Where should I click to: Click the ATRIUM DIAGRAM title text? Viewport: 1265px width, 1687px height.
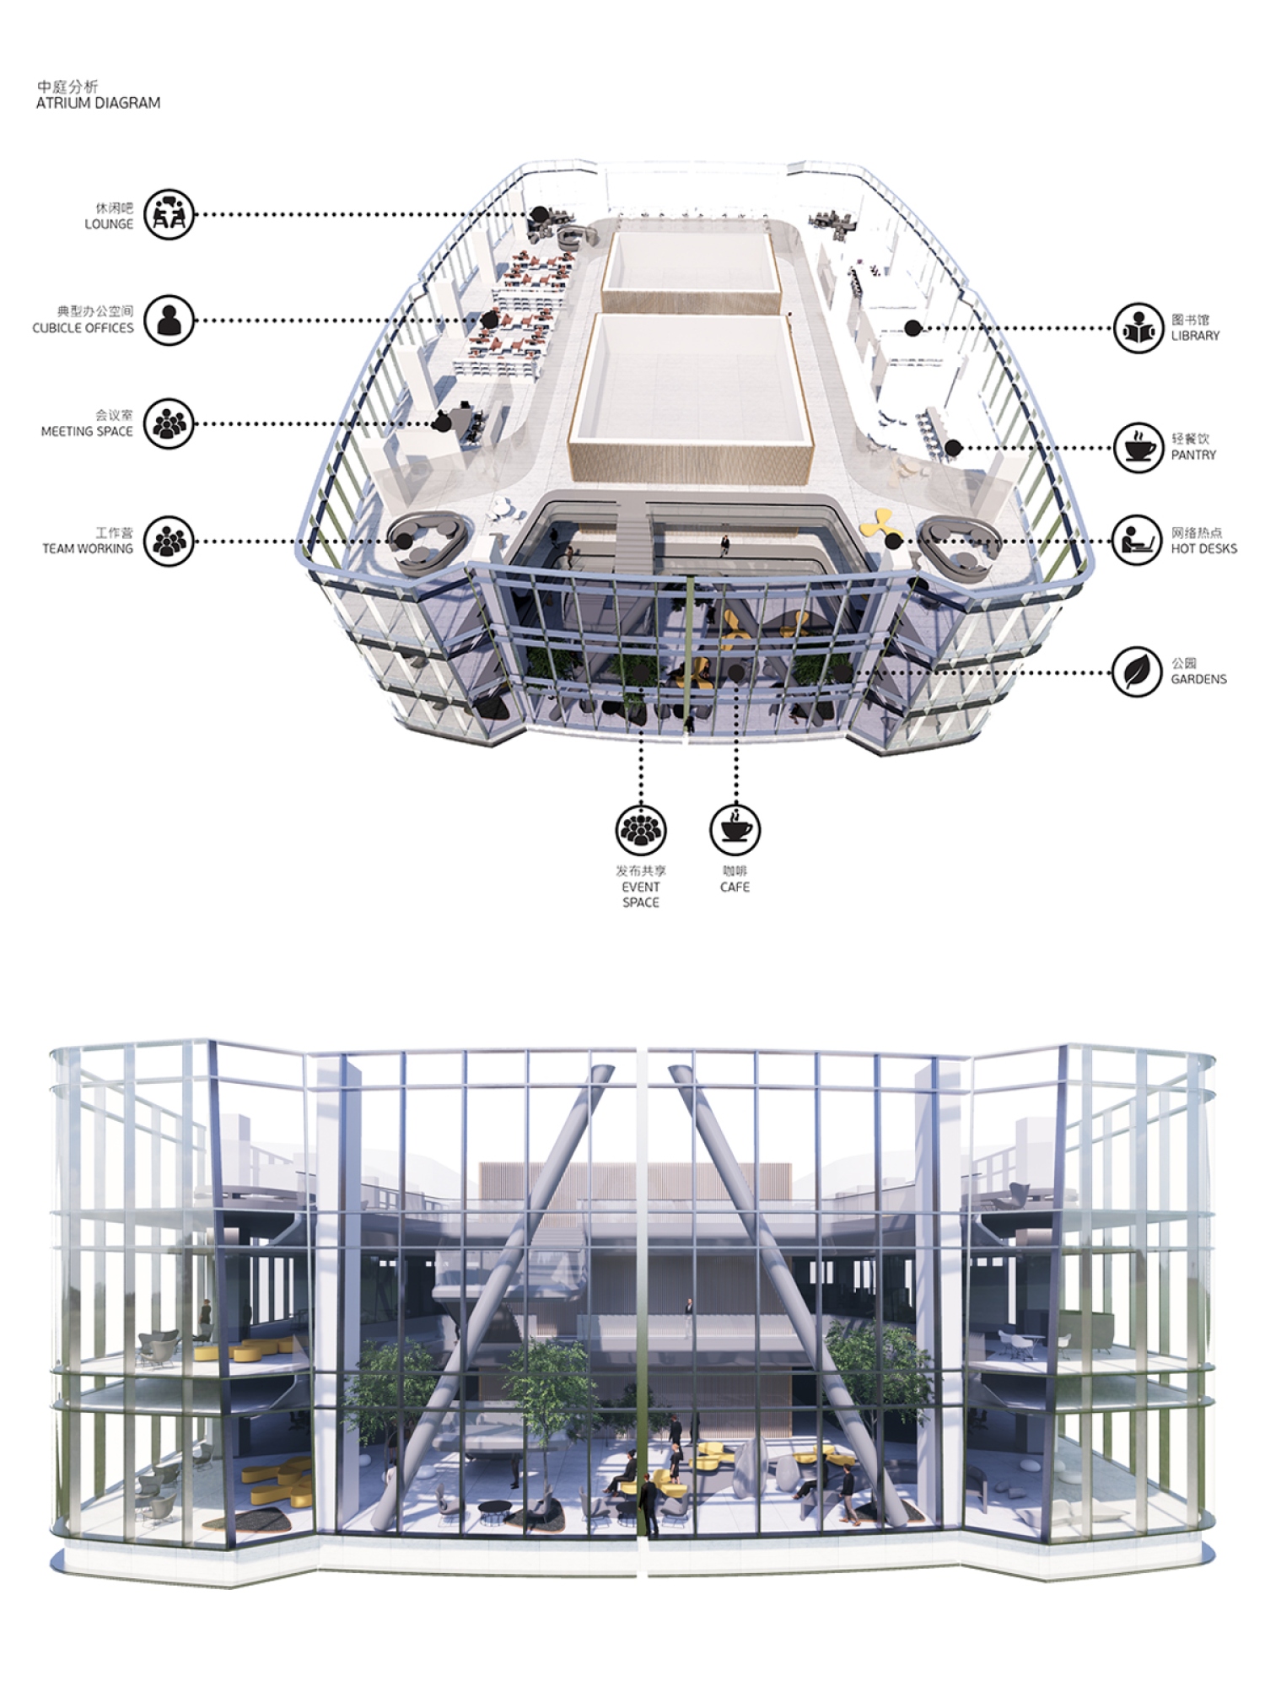[98, 103]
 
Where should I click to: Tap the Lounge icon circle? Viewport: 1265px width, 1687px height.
[169, 214]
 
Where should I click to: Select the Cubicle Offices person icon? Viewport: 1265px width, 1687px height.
[169, 320]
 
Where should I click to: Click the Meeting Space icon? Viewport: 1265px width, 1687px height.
[169, 423]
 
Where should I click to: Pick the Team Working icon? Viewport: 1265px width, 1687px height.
[169, 541]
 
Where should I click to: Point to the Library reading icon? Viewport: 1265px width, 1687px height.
[1138, 327]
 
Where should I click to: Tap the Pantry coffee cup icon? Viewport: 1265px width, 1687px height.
[1138, 447]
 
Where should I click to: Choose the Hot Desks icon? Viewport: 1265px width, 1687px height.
[1138, 541]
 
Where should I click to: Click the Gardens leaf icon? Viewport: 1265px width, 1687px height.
[1138, 671]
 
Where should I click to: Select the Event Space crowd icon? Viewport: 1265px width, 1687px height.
[641, 829]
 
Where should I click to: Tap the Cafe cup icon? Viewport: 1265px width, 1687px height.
[735, 829]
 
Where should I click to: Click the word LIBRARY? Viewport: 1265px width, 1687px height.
[1195, 336]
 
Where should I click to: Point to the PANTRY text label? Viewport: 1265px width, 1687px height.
[1193, 455]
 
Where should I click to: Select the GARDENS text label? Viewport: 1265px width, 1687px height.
[1198, 679]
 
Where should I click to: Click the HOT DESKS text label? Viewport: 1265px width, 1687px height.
[1203, 548]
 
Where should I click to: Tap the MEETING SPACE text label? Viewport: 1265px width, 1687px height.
[87, 431]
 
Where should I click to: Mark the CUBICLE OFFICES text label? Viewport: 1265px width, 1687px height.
[83, 327]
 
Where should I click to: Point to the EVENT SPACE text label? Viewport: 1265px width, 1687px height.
[641, 894]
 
